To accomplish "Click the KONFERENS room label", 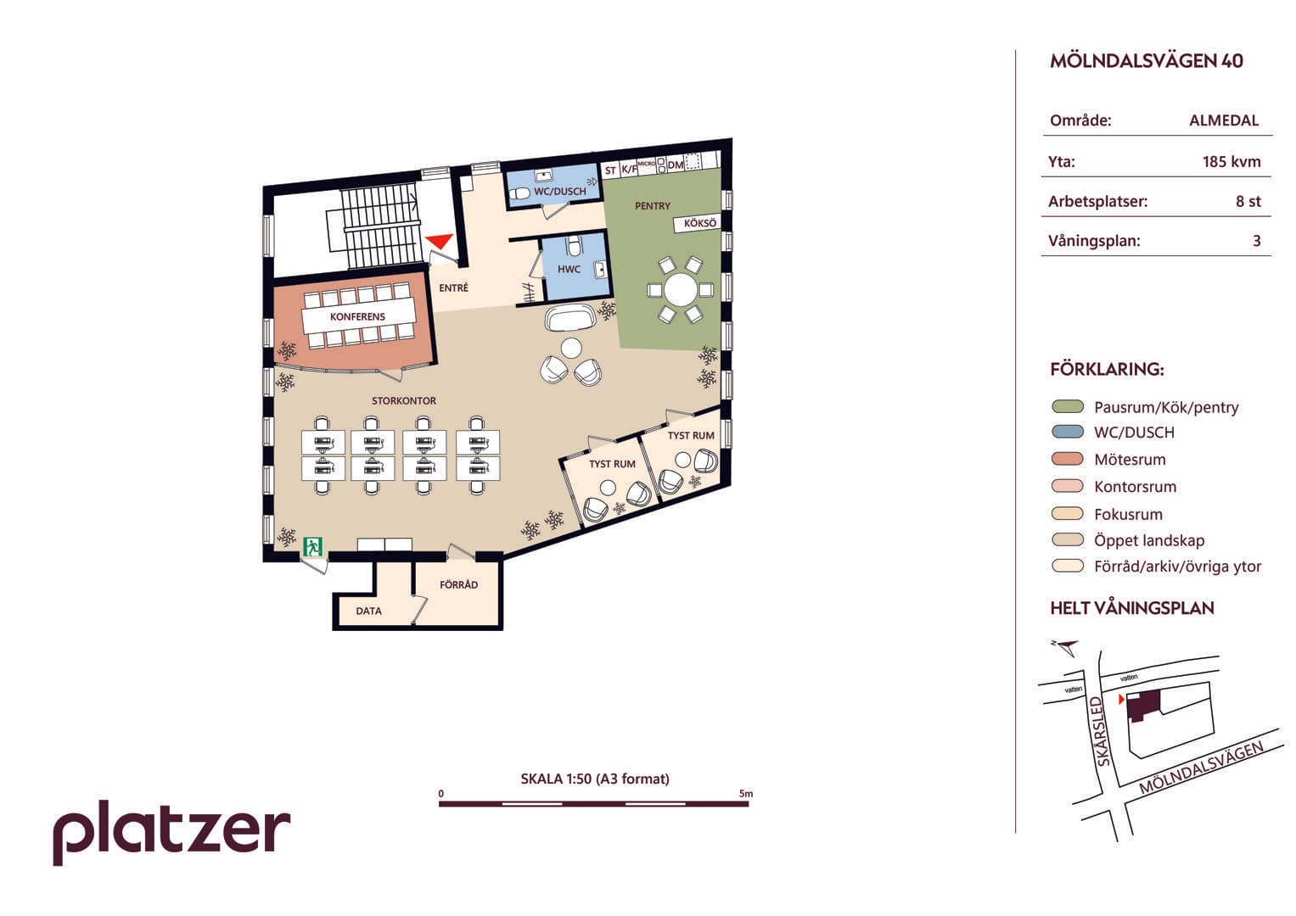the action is pyautogui.click(x=357, y=317).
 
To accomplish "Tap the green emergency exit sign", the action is pyautogui.click(x=313, y=546).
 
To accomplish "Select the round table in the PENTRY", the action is pyautogui.click(x=681, y=290).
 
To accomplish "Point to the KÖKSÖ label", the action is pyautogui.click(x=699, y=223).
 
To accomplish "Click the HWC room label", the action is pyautogui.click(x=569, y=270).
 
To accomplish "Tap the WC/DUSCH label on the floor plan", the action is pyautogui.click(x=559, y=192).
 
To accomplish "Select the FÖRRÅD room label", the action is pyautogui.click(x=459, y=584).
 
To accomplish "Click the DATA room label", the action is pyautogui.click(x=368, y=612).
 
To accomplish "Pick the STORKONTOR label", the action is pyautogui.click(x=404, y=400).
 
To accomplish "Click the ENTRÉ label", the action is pyautogui.click(x=453, y=288).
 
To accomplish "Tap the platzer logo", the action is pyautogui.click(x=171, y=833).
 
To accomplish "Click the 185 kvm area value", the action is pyautogui.click(x=1231, y=162).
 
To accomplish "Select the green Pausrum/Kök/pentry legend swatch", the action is pyautogui.click(x=1068, y=406).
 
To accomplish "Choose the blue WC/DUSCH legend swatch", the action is pyautogui.click(x=1068, y=432).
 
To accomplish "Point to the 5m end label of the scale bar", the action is pyautogui.click(x=746, y=793).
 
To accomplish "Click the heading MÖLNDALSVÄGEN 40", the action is pyautogui.click(x=1146, y=61).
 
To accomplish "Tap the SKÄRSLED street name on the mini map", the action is pyautogui.click(x=1101, y=731).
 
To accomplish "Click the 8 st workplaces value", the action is pyautogui.click(x=1248, y=201).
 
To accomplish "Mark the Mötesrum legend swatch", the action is pyautogui.click(x=1068, y=459).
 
